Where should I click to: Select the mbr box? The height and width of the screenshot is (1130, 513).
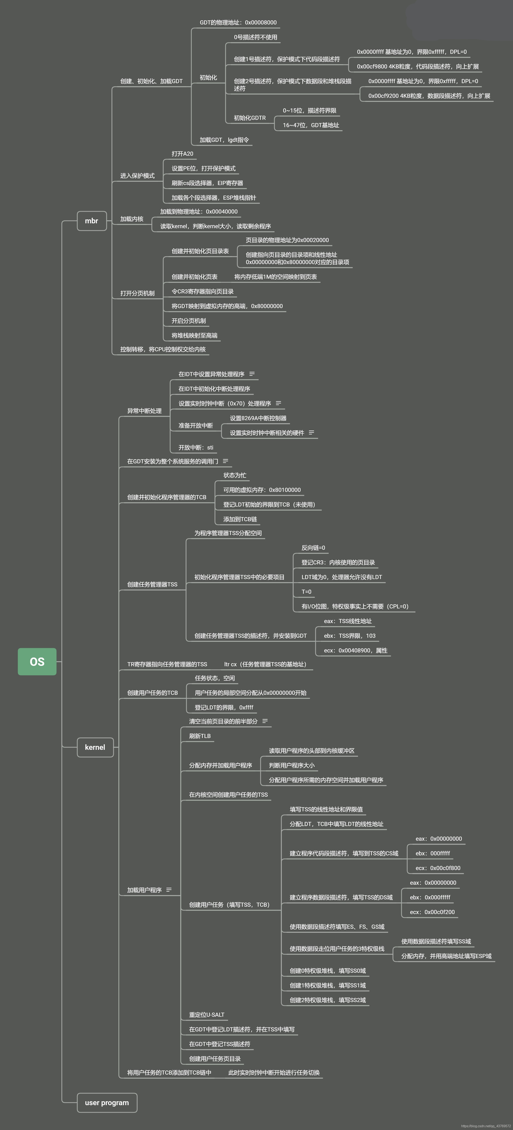pyautogui.click(x=92, y=221)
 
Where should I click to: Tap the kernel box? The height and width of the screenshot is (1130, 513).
pyautogui.click(x=95, y=747)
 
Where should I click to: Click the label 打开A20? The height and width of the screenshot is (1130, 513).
pyautogui.click(x=182, y=154)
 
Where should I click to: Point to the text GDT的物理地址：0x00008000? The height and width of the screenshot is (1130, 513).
pyautogui.click(x=238, y=22)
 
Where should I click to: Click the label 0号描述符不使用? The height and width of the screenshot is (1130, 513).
pyautogui.click(x=256, y=37)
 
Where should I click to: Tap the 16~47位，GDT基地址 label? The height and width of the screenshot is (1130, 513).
pyautogui.click(x=311, y=125)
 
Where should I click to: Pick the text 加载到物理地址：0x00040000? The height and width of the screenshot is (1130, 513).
pyautogui.click(x=199, y=211)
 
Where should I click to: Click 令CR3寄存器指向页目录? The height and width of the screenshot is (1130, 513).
pyautogui.click(x=203, y=291)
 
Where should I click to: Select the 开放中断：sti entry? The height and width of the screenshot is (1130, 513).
pyautogui.click(x=196, y=447)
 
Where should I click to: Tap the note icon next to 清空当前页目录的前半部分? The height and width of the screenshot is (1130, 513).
pyautogui.click(x=265, y=721)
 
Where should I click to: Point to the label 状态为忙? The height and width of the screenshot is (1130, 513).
pyautogui.click(x=235, y=475)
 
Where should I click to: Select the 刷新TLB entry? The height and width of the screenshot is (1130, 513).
pyautogui.click(x=200, y=736)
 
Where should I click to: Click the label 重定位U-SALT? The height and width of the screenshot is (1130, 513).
pyautogui.click(x=207, y=1015)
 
